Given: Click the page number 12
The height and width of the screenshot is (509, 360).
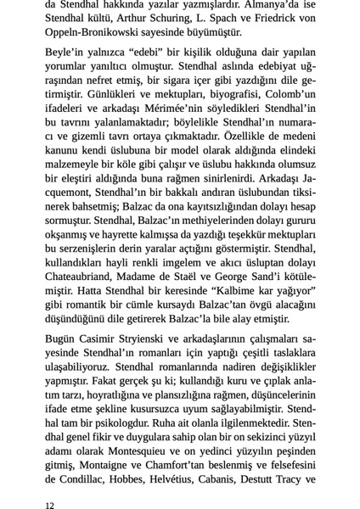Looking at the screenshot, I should coord(49,504).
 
